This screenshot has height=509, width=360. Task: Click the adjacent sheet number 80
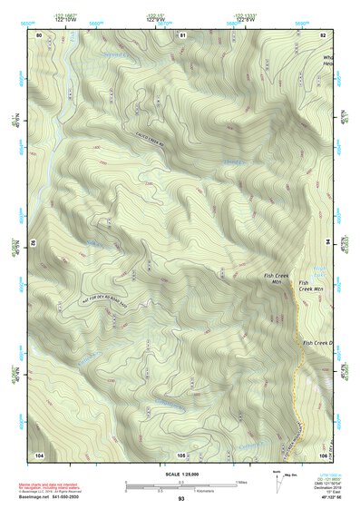[x=39, y=34]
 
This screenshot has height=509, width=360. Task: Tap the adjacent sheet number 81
[x=181, y=34]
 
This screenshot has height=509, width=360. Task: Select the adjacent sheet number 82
[x=323, y=34]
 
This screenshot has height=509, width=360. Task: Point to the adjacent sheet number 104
[x=39, y=454]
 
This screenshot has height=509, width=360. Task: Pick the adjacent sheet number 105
[x=181, y=454]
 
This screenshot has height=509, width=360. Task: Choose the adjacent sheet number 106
[x=323, y=454]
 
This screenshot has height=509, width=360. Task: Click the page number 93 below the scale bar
[x=181, y=499]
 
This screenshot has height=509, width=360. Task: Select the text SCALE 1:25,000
[x=180, y=474]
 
